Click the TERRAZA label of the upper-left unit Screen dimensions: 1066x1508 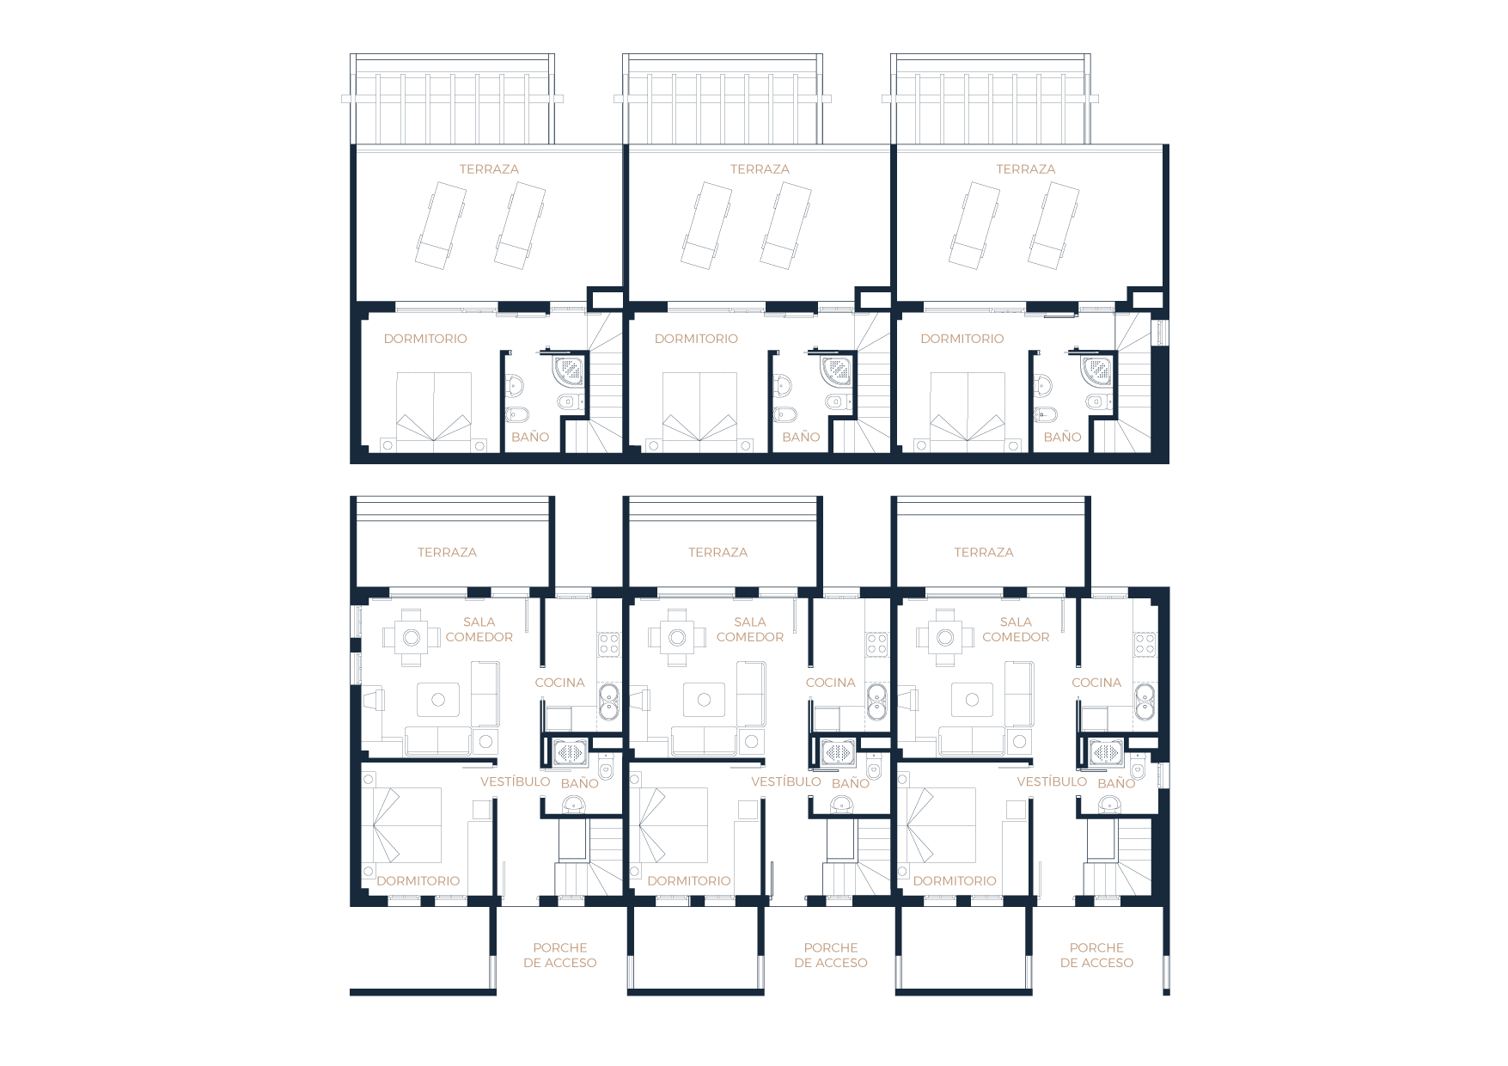(489, 169)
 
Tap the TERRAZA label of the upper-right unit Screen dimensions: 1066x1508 (1025, 169)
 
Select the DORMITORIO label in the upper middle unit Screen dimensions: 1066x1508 (696, 339)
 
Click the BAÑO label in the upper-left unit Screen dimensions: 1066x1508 (530, 437)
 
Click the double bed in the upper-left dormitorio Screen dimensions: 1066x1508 (433, 410)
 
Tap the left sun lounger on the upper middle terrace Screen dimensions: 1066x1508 (707, 224)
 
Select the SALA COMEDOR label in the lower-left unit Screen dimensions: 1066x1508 (479, 629)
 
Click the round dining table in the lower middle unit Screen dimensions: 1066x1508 (677, 637)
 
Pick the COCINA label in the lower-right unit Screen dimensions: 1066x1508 (1096, 683)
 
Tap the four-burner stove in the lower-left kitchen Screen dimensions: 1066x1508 (608, 643)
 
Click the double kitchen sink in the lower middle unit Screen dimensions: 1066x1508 (876, 701)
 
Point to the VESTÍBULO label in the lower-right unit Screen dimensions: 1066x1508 (1052, 781)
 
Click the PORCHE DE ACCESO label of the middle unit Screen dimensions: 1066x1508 (830, 955)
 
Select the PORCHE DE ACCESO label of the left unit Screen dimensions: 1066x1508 (559, 955)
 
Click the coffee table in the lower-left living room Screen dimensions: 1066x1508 (438, 700)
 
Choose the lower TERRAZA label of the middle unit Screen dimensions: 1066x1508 (717, 553)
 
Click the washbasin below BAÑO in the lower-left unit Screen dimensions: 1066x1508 (573, 805)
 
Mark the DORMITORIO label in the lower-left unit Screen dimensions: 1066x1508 (418, 881)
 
